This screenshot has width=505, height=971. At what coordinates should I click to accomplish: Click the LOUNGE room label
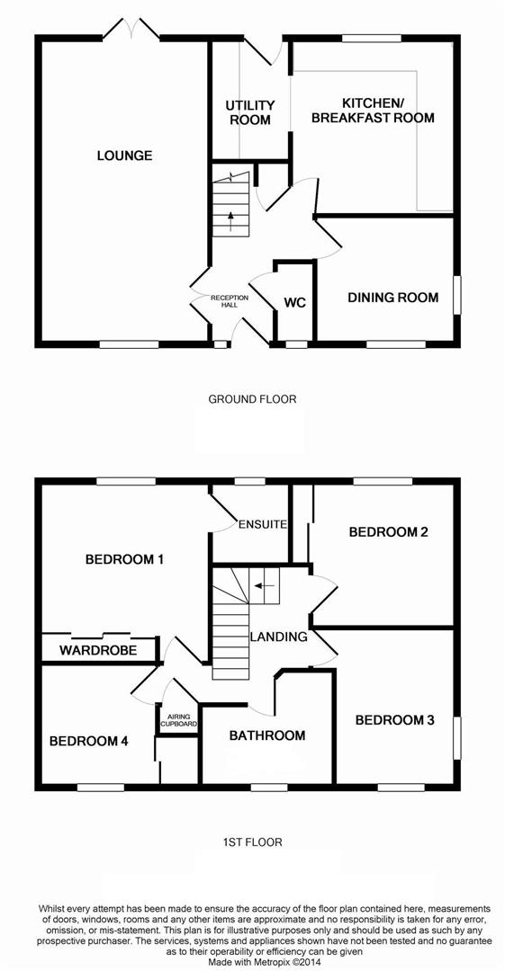(125, 156)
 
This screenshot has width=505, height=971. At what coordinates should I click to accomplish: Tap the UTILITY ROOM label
(249, 112)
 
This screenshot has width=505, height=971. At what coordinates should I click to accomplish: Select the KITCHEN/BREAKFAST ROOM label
(374, 110)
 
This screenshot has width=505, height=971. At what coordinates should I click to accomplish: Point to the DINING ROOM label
(393, 298)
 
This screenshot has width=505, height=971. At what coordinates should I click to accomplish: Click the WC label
(294, 303)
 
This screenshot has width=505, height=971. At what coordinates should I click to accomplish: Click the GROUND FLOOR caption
(252, 398)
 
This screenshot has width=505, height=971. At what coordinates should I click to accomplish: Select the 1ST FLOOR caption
(252, 842)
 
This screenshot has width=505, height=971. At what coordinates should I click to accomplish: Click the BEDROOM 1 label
(124, 559)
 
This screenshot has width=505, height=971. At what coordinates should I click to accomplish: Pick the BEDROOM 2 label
(388, 531)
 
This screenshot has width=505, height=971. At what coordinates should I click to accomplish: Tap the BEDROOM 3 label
(394, 719)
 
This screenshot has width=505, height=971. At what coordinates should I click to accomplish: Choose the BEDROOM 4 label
(88, 741)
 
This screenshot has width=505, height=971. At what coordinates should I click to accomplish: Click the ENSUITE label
(262, 523)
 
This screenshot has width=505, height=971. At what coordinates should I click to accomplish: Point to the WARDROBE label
(98, 649)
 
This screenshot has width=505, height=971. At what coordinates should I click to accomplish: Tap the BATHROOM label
(266, 735)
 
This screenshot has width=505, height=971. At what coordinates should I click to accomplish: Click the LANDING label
(279, 637)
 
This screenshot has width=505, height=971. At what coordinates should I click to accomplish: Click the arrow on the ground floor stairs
(230, 219)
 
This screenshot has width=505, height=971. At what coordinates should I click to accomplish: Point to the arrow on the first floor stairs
(260, 585)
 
